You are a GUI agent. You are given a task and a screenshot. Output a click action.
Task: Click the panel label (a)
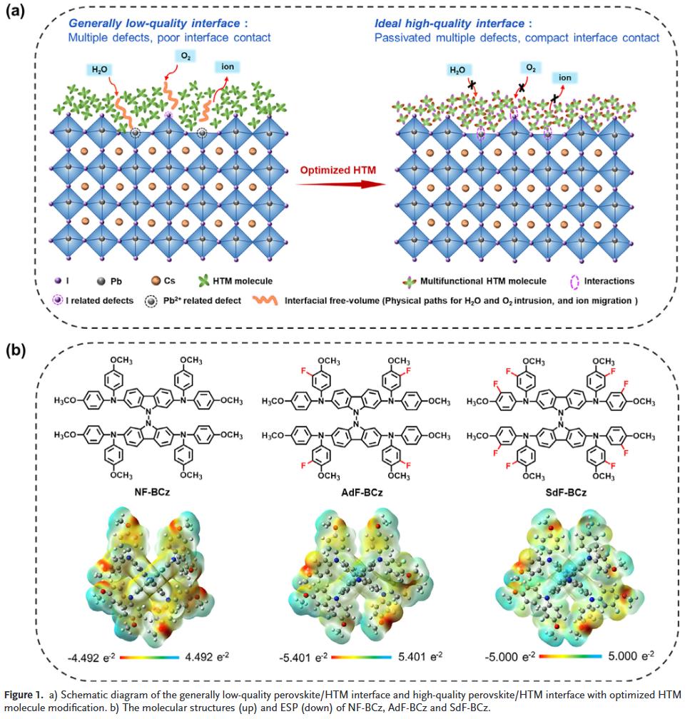point(18,12)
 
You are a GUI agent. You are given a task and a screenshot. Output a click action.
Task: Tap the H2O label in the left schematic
point(98,69)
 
